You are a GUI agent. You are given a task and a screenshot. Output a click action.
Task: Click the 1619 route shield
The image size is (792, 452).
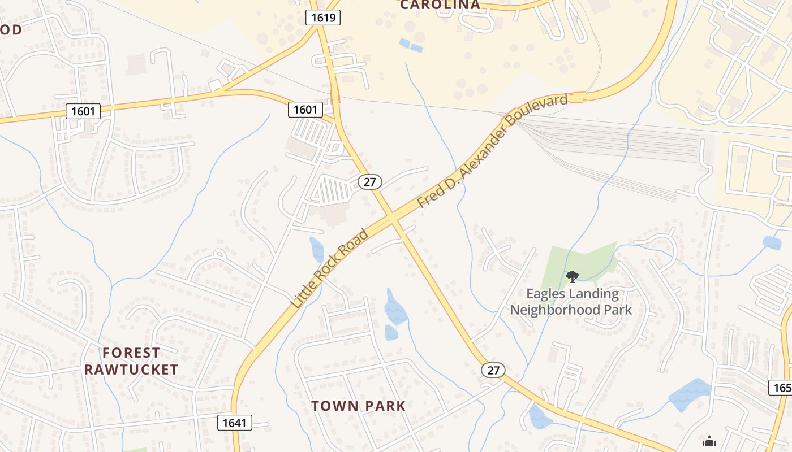coord(324,18)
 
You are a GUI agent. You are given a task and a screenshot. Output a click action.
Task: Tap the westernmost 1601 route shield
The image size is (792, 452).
coord(83,111)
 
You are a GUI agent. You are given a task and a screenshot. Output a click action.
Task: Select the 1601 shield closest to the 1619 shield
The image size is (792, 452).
coord(305,109)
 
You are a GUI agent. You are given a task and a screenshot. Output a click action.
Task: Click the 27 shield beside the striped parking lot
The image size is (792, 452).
coord(370,182)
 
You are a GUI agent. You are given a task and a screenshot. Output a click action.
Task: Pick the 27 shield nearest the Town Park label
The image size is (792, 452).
coord(493,370)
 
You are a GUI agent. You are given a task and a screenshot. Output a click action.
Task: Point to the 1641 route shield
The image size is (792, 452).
coord(234,422)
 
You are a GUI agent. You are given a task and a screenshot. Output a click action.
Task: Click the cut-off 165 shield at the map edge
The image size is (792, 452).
coord(781,388)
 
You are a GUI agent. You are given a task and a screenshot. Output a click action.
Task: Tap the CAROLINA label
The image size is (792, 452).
coord(440,5)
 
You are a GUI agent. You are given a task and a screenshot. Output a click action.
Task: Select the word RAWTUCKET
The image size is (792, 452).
coord(131,370)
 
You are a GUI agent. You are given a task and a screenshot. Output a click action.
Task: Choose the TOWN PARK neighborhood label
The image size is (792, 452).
coord(359,406)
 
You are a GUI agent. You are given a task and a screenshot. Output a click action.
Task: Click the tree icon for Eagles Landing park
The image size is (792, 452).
coord(572,276)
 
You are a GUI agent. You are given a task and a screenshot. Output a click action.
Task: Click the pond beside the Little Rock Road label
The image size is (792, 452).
coord(316,249)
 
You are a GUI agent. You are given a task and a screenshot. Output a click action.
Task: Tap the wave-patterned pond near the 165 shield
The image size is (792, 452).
coord(690,394)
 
